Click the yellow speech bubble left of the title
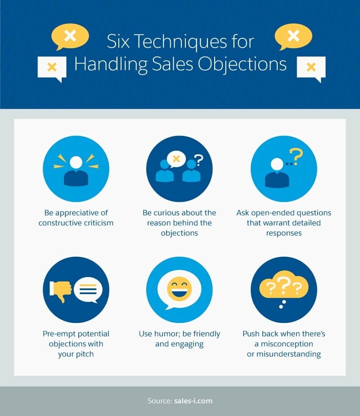pos(70,36)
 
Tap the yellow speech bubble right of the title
pos(293,36)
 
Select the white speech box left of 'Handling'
pos(52,68)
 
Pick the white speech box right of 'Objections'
pos(311,68)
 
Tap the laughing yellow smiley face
pos(180,289)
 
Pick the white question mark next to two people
pos(198,160)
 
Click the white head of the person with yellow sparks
pos(76,162)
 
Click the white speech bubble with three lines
pos(88,290)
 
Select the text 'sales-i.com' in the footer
pos(193,401)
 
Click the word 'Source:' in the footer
pos(160,401)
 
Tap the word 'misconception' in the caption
pos(287,344)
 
